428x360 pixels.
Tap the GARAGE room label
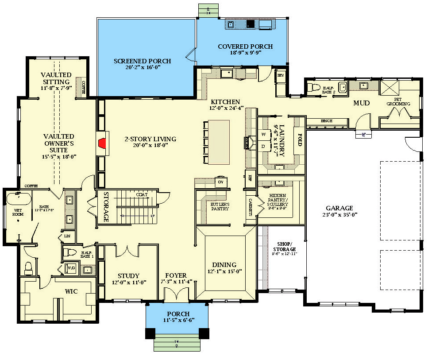(339, 208)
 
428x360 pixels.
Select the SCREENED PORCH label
(142, 61)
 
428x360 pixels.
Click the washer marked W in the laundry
(264, 134)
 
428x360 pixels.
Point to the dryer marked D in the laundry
(264, 146)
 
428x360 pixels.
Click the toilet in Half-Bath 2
(315, 87)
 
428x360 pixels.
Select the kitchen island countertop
(218, 142)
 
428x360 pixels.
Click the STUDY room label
(128, 275)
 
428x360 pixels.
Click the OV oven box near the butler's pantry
(220, 182)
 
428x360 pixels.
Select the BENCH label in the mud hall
(327, 121)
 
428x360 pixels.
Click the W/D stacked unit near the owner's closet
(71, 268)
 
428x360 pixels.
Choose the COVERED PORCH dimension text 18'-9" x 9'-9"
(239, 52)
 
